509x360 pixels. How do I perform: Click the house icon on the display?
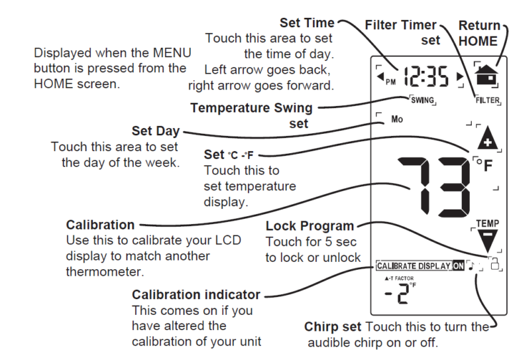[485, 72]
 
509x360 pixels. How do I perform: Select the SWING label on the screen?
[422, 101]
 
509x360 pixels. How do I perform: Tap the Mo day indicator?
[396, 120]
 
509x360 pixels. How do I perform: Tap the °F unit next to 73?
[484, 164]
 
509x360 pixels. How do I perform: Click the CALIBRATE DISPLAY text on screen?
[414, 266]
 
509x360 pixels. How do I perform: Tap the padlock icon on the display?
[494, 265]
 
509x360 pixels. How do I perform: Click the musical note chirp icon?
[472, 266]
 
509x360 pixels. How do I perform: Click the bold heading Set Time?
[307, 23]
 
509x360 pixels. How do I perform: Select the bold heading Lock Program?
[310, 225]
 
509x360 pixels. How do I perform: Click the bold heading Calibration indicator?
[196, 294]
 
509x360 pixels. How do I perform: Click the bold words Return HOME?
[480, 33]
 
